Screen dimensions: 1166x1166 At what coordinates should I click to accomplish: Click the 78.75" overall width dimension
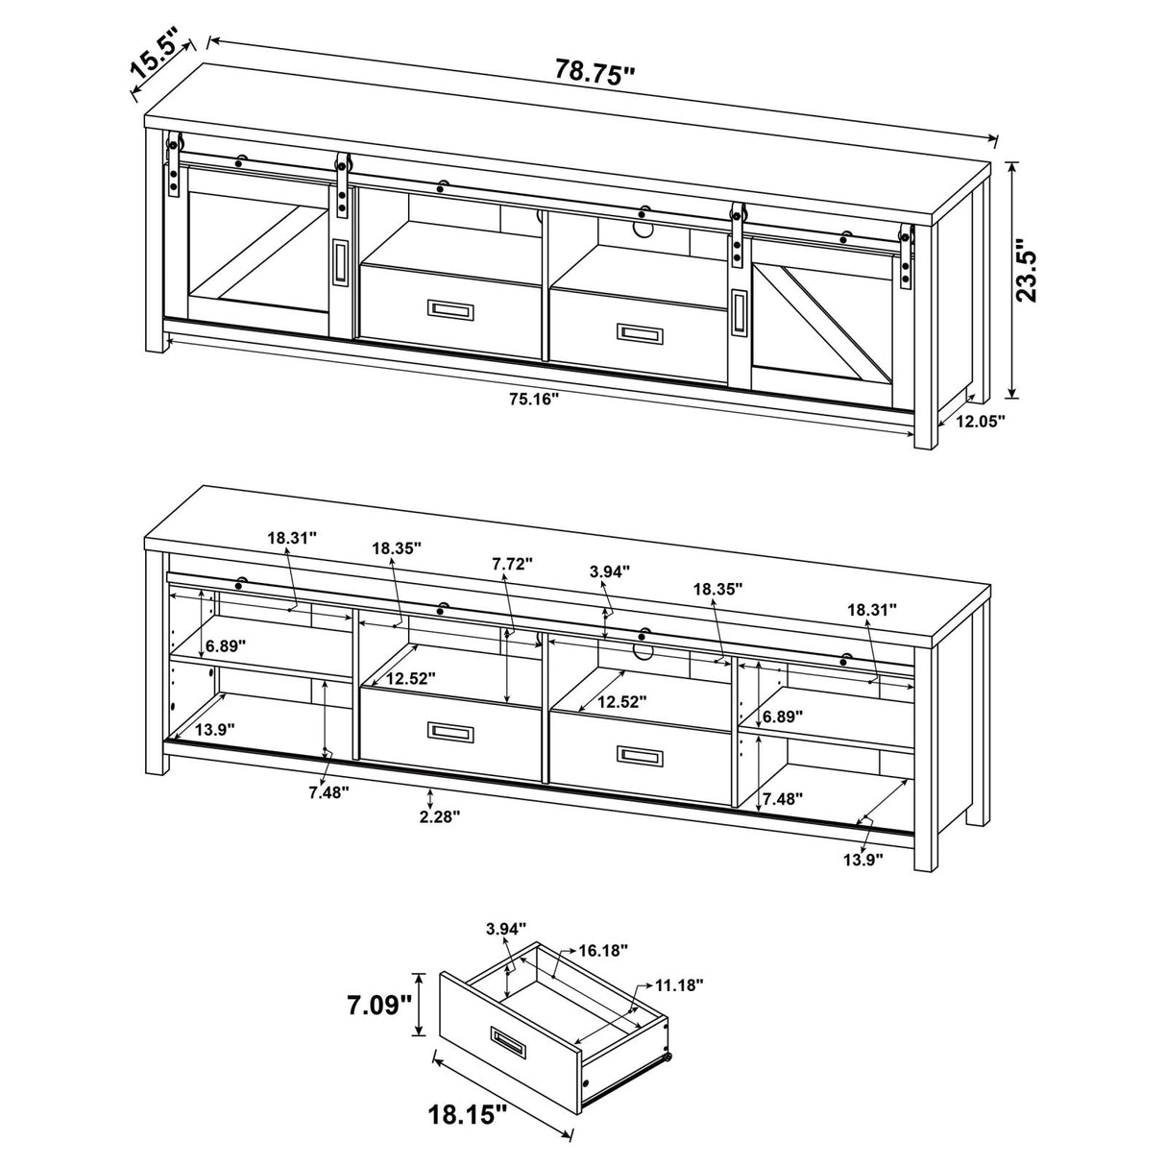595,72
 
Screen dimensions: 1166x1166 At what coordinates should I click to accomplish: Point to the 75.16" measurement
534,399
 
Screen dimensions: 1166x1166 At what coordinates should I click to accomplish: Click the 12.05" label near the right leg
979,420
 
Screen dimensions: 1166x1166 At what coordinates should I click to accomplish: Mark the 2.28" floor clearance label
438,816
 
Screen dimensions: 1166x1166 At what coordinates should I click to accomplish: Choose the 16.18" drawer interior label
602,950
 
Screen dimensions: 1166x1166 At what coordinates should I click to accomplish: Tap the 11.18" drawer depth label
679,984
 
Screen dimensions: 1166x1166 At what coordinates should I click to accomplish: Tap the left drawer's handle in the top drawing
449,309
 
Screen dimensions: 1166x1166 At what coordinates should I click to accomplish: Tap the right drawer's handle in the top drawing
640,332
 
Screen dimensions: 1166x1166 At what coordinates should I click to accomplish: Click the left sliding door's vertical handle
339,261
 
